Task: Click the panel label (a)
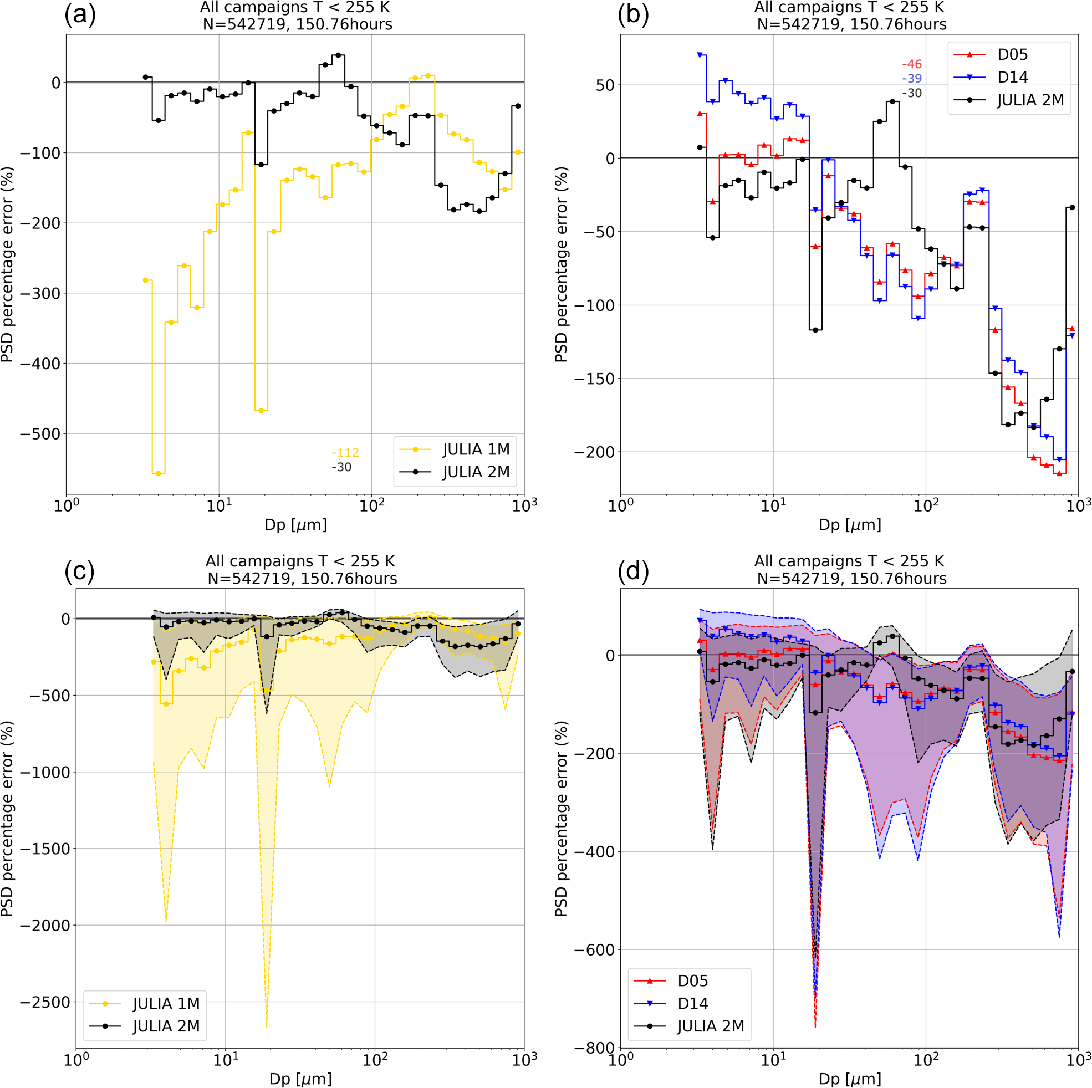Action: (80, 16)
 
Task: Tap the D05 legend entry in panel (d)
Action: (692, 980)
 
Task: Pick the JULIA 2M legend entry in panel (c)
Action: (166, 1026)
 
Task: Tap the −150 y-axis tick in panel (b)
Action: (594, 379)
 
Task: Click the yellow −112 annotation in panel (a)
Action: (345, 453)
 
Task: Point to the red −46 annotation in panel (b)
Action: (912, 64)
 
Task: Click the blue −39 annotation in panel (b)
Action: (912, 79)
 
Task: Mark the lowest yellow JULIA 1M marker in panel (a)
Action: (159, 474)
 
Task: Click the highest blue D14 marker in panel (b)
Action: (700, 55)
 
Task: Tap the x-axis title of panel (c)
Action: (299, 1079)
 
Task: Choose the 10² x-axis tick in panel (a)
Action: (371, 505)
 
